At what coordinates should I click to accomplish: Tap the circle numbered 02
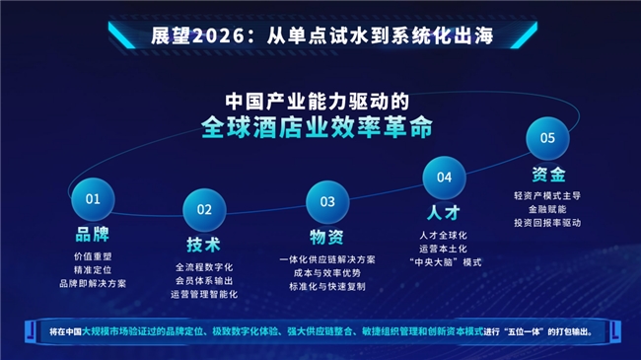[x=205, y=209]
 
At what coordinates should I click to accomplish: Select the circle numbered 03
[x=326, y=201]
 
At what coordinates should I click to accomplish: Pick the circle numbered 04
[x=444, y=178]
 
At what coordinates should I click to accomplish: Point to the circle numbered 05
[x=547, y=138]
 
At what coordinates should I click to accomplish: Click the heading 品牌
[x=93, y=236]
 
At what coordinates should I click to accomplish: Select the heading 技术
[x=203, y=245]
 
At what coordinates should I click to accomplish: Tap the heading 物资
[x=326, y=237]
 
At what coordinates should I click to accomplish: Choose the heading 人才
[x=444, y=212]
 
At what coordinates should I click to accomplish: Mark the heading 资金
[x=548, y=175]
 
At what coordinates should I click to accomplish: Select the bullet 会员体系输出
[x=205, y=281]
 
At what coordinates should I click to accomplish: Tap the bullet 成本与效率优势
[x=326, y=272]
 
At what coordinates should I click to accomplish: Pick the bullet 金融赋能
[x=548, y=209]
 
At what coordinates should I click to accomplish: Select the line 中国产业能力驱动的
[x=318, y=102]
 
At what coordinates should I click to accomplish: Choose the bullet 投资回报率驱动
[x=548, y=223]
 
